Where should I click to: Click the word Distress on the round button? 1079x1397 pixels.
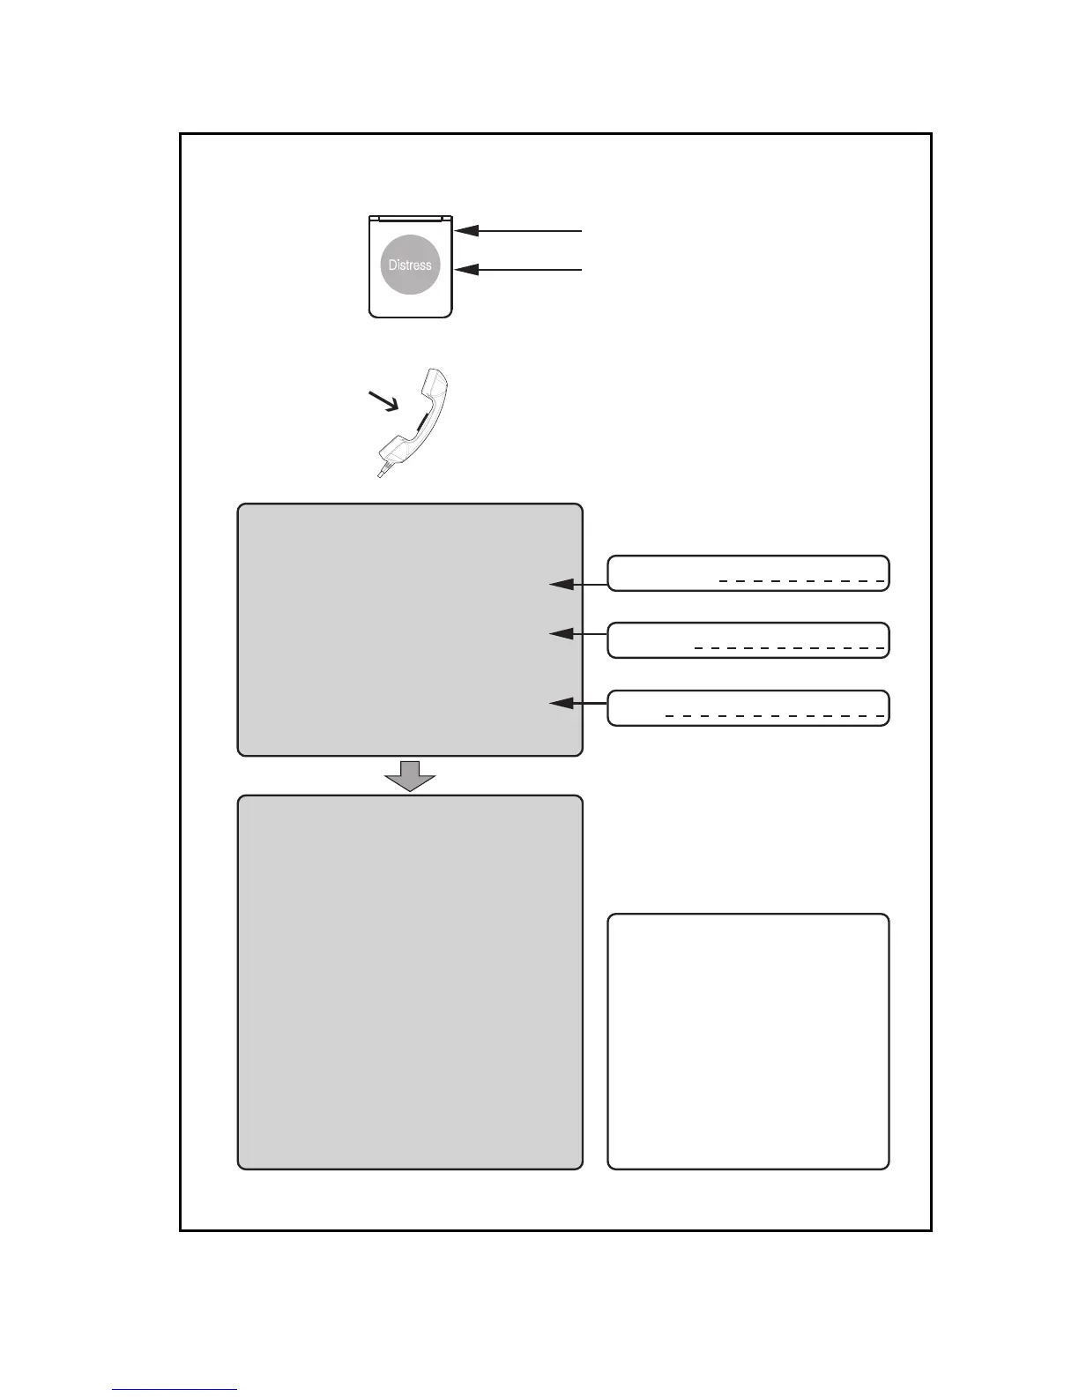click(410, 265)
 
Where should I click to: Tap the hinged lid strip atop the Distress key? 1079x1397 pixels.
click(410, 218)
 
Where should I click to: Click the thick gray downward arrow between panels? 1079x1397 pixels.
click(410, 775)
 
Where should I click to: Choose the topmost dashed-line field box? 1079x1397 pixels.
click(748, 573)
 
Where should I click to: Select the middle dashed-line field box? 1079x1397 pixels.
click(748, 640)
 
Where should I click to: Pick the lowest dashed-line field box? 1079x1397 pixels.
click(748, 708)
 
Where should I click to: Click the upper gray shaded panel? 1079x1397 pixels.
click(410, 630)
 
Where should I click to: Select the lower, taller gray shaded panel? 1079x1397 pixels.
click(410, 982)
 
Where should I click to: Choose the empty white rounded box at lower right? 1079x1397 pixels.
click(748, 1042)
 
